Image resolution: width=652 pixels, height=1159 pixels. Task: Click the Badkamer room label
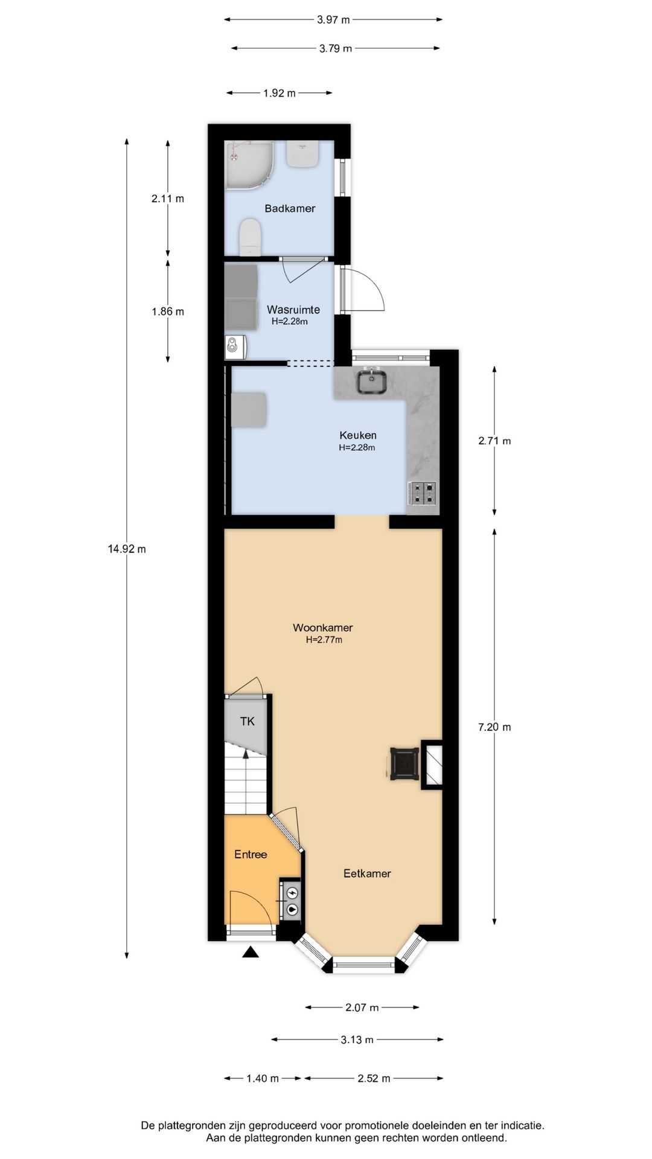pos(290,208)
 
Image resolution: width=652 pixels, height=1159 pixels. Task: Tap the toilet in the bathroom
pos(249,237)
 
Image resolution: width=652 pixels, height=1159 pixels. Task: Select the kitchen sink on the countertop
pos(371,381)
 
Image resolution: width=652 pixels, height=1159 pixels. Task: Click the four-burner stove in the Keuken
pos(422,493)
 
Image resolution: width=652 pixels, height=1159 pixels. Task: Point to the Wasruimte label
pos(293,310)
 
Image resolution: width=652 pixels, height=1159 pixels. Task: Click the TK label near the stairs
pos(248,721)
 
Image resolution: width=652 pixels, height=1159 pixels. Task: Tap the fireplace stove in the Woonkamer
pos(404,764)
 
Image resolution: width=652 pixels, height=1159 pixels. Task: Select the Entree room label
pos(251,854)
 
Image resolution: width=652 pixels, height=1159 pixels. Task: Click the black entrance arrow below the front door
pos(251,953)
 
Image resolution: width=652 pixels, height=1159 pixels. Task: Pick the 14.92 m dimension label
pos(127,549)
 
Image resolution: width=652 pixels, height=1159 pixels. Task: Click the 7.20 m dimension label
pos(494,727)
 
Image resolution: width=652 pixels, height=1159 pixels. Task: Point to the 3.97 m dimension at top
pos(333,19)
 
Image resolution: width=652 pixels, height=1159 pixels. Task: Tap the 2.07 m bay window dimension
pos(362,1007)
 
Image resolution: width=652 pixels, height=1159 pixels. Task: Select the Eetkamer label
pos(367,873)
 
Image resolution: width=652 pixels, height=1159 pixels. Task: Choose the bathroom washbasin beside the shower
pos(302,155)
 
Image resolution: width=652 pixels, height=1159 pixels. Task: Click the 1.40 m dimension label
pos(263,1078)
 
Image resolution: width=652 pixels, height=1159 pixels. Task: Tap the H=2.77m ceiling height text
pos(324,640)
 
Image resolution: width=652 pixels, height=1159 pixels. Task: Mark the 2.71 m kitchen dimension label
pos(494,441)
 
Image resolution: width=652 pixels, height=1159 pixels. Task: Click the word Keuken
pos(358,435)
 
